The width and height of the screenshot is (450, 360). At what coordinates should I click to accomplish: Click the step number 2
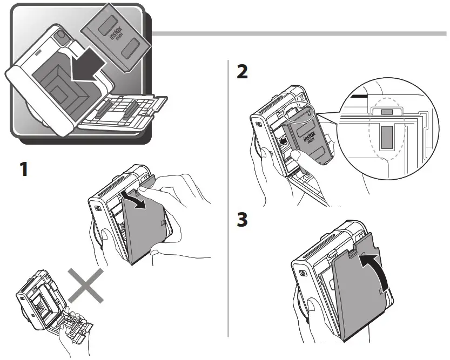point(243,72)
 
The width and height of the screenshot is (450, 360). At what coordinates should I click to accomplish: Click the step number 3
point(243,221)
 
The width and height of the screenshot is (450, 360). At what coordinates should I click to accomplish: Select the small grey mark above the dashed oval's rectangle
point(386,111)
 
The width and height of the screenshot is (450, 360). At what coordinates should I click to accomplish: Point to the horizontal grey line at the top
point(300,33)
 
